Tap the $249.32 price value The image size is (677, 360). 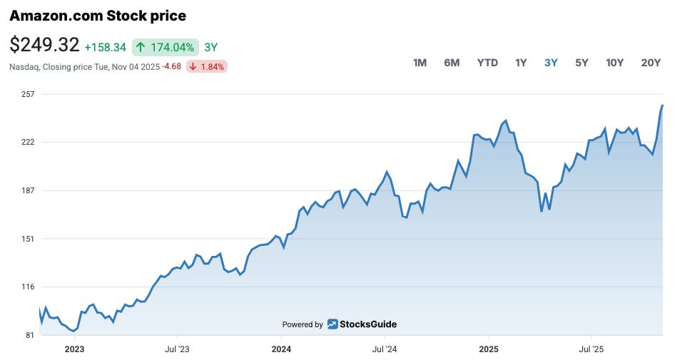coord(44,45)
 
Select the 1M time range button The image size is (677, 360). coord(419,63)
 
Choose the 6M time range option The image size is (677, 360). coord(452,63)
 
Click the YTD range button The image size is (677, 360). coord(487,63)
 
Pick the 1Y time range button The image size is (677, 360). coord(521,63)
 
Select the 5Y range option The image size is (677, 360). coord(581,63)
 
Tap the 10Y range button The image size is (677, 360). coord(614,63)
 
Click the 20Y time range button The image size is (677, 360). coord(651,63)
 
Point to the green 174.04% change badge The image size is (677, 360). coord(165,47)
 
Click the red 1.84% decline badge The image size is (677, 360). coord(207,67)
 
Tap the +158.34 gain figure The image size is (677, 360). coord(105,48)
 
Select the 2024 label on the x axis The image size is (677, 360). coord(281,349)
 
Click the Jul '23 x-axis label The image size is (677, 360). coord(177,349)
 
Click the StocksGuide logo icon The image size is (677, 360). coord(332,324)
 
